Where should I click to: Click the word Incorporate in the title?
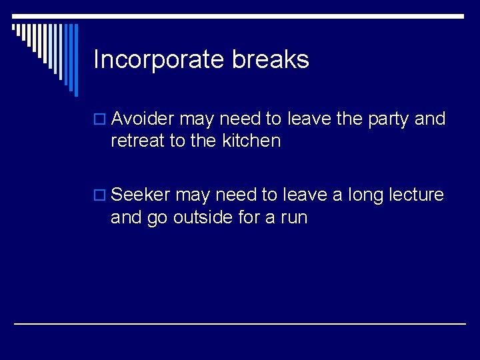click(159, 60)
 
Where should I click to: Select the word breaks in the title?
click(271, 60)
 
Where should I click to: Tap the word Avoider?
click(143, 119)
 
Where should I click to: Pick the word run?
click(293, 217)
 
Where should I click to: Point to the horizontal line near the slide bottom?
click(240, 323)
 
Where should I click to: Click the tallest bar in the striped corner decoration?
click(75, 60)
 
